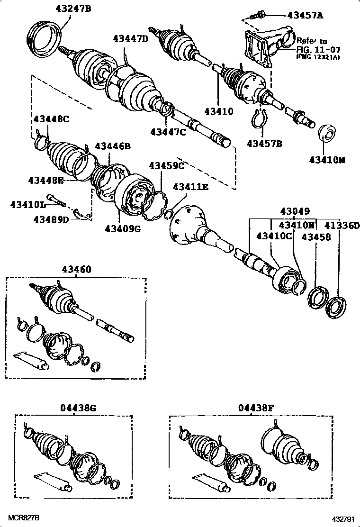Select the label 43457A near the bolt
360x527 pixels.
pos(306,15)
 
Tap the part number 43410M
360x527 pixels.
pos(327,160)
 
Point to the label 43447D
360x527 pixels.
pos(130,38)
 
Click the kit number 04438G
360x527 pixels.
pos(78,407)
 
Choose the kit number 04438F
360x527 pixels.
pos(256,407)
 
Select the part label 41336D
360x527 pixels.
pos(339,226)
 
